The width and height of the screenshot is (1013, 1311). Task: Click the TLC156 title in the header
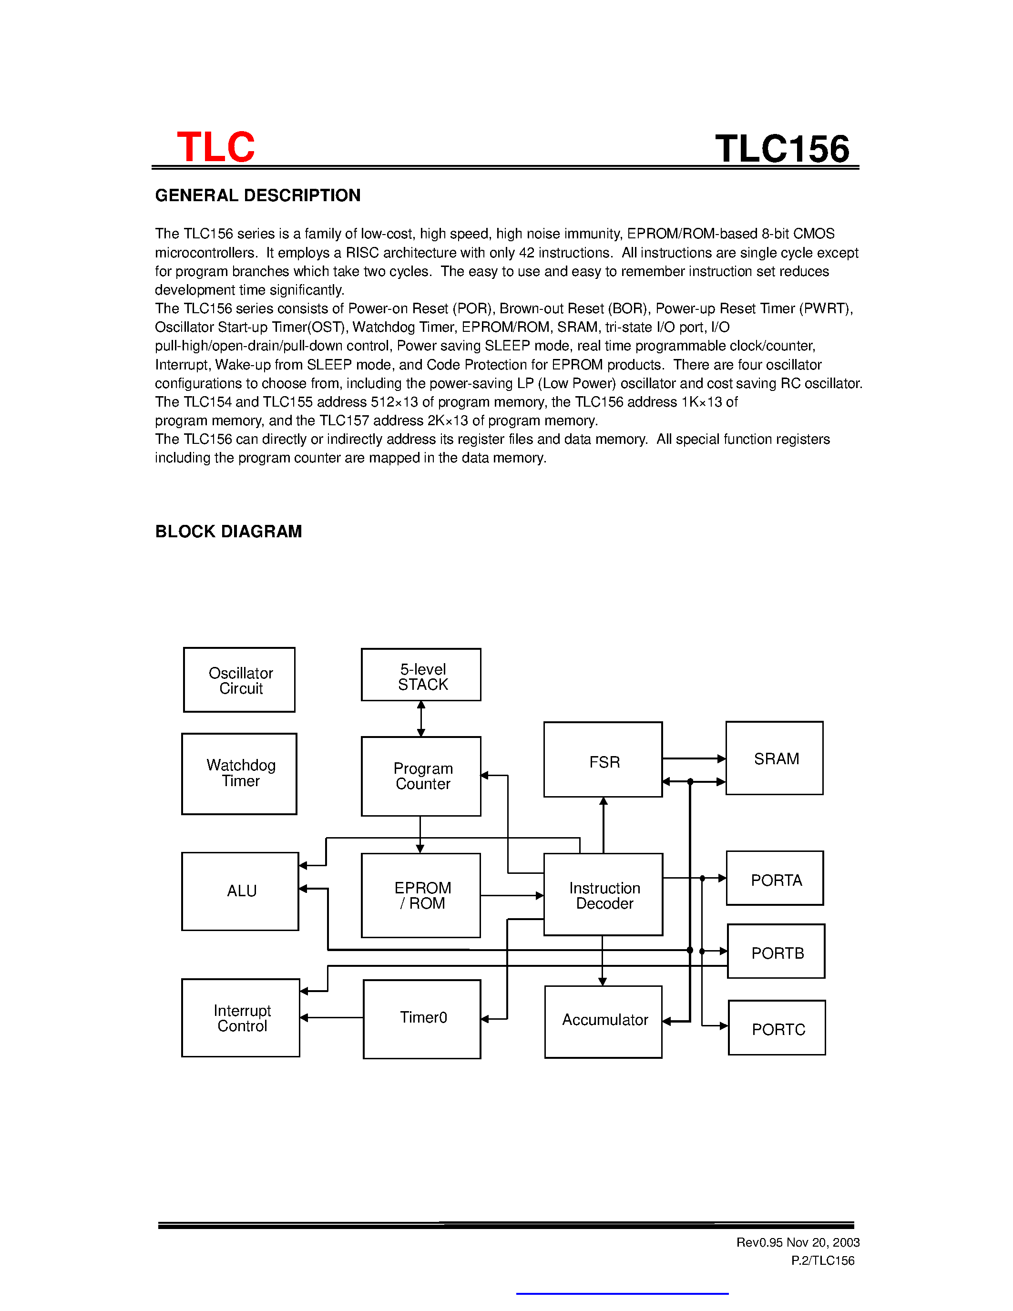tap(782, 148)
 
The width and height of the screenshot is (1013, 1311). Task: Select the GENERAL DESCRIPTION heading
tap(257, 195)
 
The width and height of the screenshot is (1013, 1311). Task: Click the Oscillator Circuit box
tap(239, 680)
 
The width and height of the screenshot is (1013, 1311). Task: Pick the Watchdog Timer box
tap(239, 774)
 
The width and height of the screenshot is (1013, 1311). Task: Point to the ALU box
tap(240, 891)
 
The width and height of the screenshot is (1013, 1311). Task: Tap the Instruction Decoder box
tap(603, 894)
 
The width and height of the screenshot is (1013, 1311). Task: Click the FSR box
tap(603, 760)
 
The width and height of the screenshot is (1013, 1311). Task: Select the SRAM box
tap(774, 758)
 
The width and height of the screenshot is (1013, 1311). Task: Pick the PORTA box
tap(775, 878)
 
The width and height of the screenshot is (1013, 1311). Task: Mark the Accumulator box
tap(603, 1022)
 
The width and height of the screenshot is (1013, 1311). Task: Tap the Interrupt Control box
tap(241, 1018)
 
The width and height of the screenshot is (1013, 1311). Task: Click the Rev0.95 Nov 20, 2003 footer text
tap(798, 1242)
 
